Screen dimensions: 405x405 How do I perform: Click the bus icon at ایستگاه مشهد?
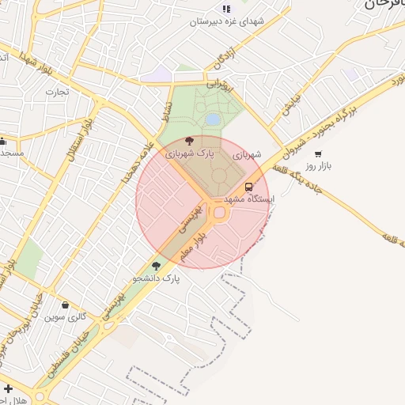249,187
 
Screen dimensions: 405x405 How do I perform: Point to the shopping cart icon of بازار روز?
318,155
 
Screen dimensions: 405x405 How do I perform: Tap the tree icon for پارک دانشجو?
156,267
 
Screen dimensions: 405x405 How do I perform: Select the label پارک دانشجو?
155,279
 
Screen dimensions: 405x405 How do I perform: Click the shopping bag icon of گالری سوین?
65,305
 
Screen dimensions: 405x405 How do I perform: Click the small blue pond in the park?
213,119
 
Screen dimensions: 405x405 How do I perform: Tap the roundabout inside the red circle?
219,213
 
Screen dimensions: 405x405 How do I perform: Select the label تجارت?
58,92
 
